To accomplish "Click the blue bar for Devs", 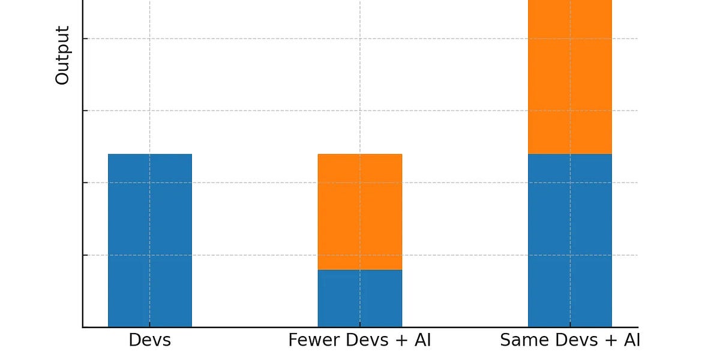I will pos(149,240).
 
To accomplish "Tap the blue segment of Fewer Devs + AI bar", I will pos(359,298).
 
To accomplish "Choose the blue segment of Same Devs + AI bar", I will pos(569,240).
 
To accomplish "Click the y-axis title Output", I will pos(62,55).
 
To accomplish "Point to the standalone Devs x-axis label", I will pos(149,341).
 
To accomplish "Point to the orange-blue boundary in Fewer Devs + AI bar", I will pos(359,270).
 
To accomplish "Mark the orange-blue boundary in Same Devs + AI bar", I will pos(569,154).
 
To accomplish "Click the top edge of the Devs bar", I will pos(149,154).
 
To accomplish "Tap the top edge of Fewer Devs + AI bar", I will pos(359,154).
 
